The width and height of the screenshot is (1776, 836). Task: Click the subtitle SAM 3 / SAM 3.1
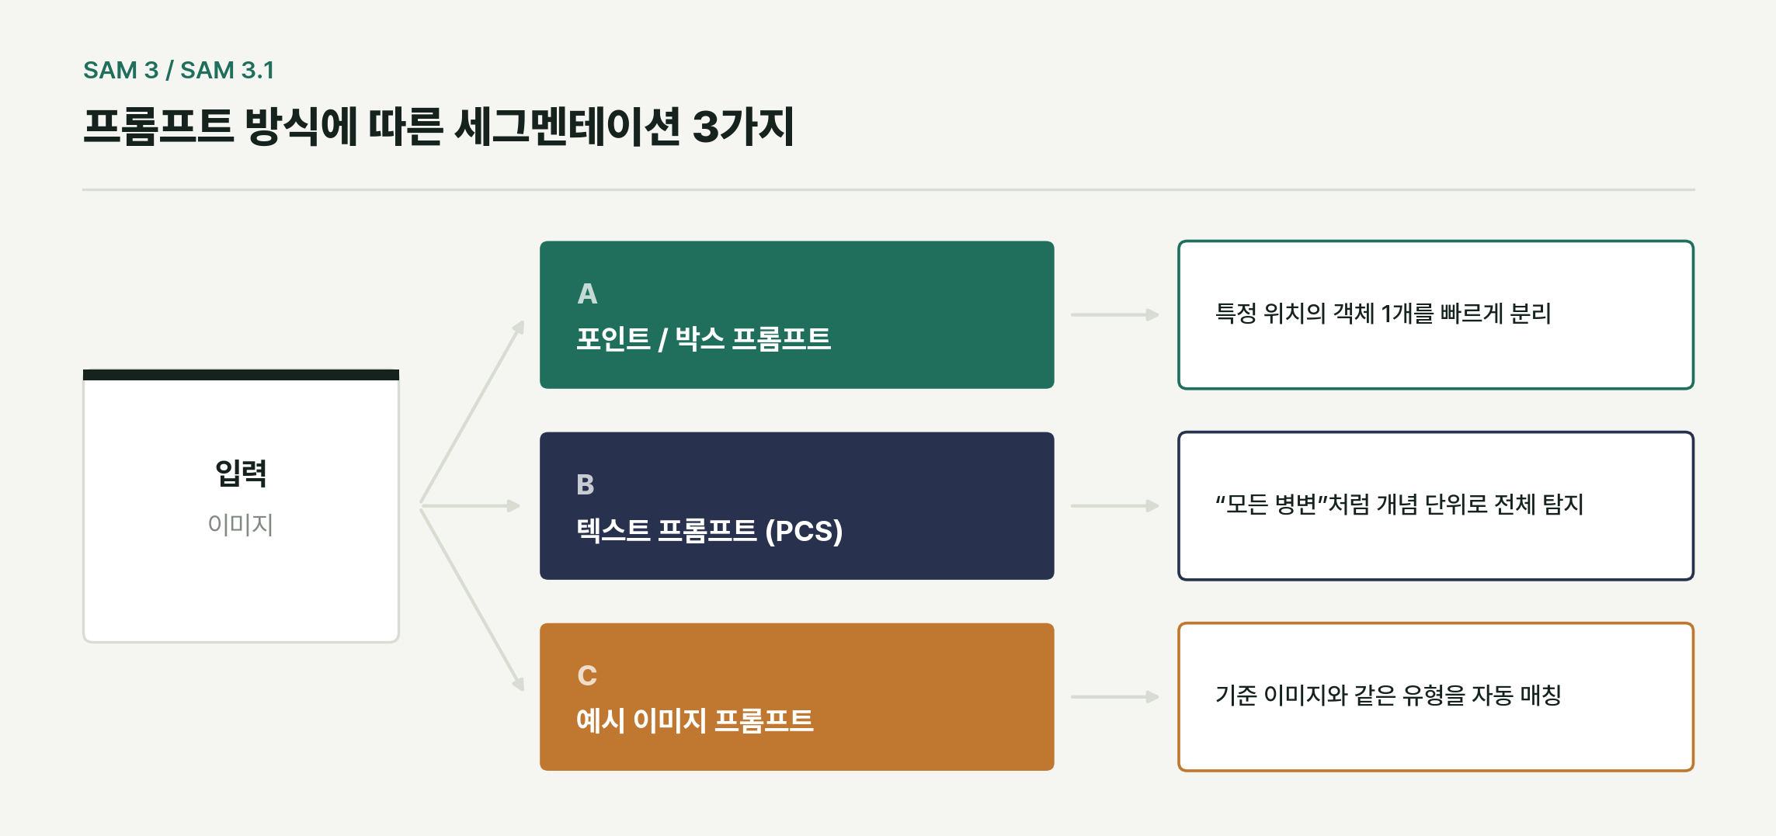click(x=179, y=70)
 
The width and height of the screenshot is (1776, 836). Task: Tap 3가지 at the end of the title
click(x=743, y=127)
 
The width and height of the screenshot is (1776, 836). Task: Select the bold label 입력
click(x=241, y=473)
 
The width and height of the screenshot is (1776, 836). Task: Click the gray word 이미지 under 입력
click(x=241, y=525)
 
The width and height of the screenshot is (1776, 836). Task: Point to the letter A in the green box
click(x=588, y=294)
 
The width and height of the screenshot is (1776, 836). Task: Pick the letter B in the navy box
click(x=586, y=485)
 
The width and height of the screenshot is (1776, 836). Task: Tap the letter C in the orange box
click(x=587, y=676)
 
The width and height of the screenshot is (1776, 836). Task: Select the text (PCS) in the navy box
click(x=804, y=531)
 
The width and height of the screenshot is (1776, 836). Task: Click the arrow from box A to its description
click(x=1115, y=315)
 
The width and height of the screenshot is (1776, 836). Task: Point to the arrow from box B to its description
click(x=1115, y=506)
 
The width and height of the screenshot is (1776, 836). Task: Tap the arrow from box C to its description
click(x=1115, y=697)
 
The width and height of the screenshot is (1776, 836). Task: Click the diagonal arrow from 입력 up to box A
click(x=472, y=412)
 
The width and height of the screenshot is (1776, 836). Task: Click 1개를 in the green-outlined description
click(x=1407, y=314)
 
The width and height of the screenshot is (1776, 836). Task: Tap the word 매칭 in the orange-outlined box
click(x=1541, y=696)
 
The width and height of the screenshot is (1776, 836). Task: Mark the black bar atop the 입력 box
click(x=241, y=375)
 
